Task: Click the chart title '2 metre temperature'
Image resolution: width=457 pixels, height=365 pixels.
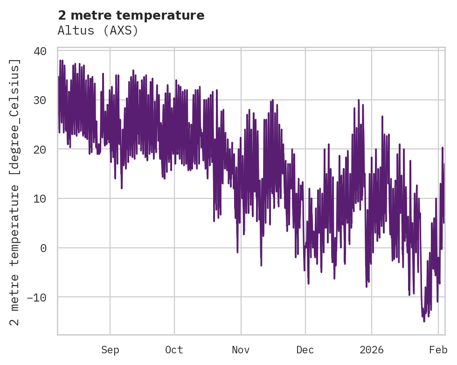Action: point(131,15)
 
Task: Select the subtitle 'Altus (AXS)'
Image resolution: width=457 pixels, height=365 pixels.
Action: point(98,30)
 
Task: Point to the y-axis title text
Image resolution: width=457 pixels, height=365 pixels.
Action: point(16,192)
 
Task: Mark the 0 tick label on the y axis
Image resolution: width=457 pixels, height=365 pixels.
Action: point(43,248)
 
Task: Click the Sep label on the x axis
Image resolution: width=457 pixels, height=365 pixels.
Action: point(110,350)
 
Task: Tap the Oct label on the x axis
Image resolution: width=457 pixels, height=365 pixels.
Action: point(174,350)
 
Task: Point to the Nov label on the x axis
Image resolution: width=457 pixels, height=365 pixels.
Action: point(241,350)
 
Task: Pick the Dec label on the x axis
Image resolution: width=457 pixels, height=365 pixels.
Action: point(305,350)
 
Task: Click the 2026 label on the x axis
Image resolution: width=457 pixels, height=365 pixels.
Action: point(372,350)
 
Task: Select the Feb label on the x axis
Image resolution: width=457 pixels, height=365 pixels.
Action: point(438,350)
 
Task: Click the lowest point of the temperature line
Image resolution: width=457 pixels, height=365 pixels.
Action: point(424,321)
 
